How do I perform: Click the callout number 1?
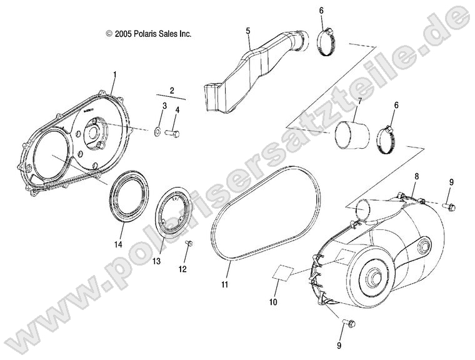click(114, 76)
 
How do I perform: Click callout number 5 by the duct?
click(247, 31)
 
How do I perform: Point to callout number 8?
click(417, 177)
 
